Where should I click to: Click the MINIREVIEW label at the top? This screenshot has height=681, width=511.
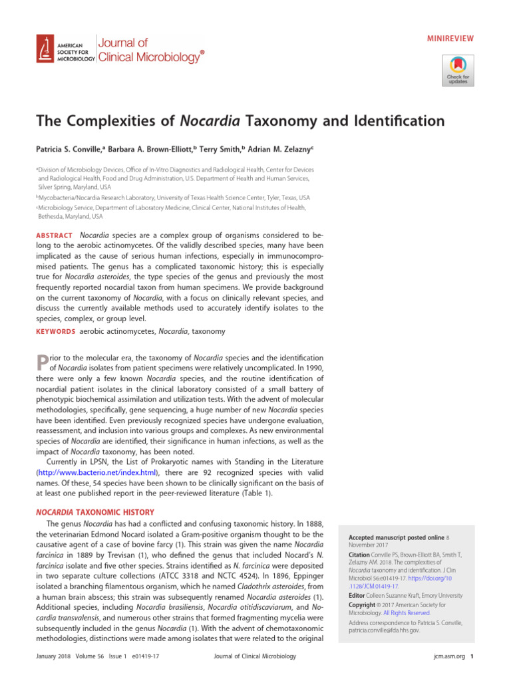[x=450, y=38]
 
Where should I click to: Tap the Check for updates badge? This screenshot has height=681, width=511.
[x=457, y=69]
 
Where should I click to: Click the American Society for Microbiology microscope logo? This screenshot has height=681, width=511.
[x=46, y=49]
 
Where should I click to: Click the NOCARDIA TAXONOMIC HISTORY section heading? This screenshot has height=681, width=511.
[x=95, y=512]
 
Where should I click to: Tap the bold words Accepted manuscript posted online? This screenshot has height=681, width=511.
[x=387, y=536]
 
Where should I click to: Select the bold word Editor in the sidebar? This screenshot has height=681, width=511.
[x=357, y=596]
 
